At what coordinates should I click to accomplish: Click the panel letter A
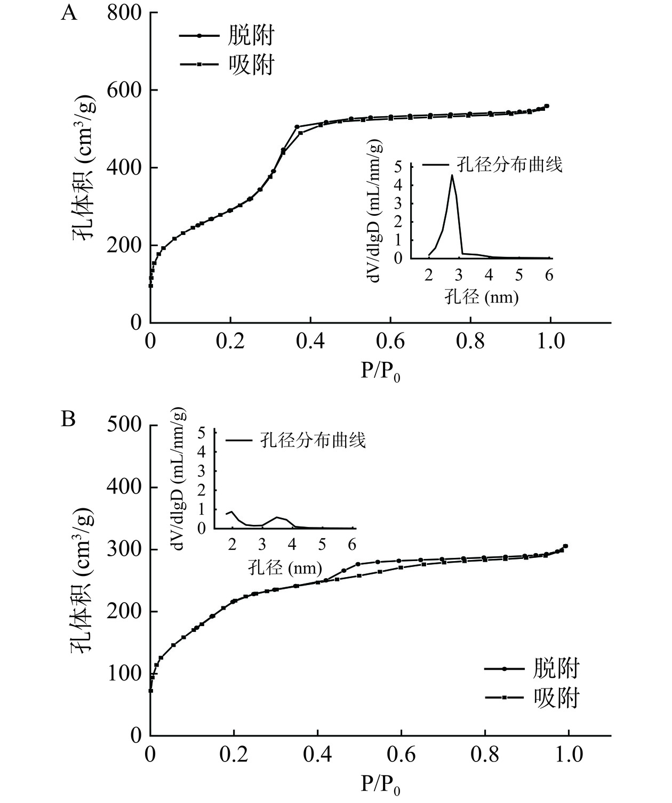tap(69, 12)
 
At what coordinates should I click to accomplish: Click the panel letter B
tap(68, 419)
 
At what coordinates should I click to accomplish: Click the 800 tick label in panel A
tap(124, 13)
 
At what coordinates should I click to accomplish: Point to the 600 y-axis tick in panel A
tap(124, 90)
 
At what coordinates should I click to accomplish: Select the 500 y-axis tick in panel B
tap(124, 425)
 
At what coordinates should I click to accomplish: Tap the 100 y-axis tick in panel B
tap(124, 674)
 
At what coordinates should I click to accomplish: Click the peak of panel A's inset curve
tap(452, 175)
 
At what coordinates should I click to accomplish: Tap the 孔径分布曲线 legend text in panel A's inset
tap(509, 164)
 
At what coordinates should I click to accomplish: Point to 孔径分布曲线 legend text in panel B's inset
tap(313, 440)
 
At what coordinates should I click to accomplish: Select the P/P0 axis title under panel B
tap(380, 784)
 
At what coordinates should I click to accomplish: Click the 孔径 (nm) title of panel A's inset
tap(482, 296)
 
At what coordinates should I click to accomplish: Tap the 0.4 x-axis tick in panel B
tap(317, 755)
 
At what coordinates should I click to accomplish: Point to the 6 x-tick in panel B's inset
tap(352, 545)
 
